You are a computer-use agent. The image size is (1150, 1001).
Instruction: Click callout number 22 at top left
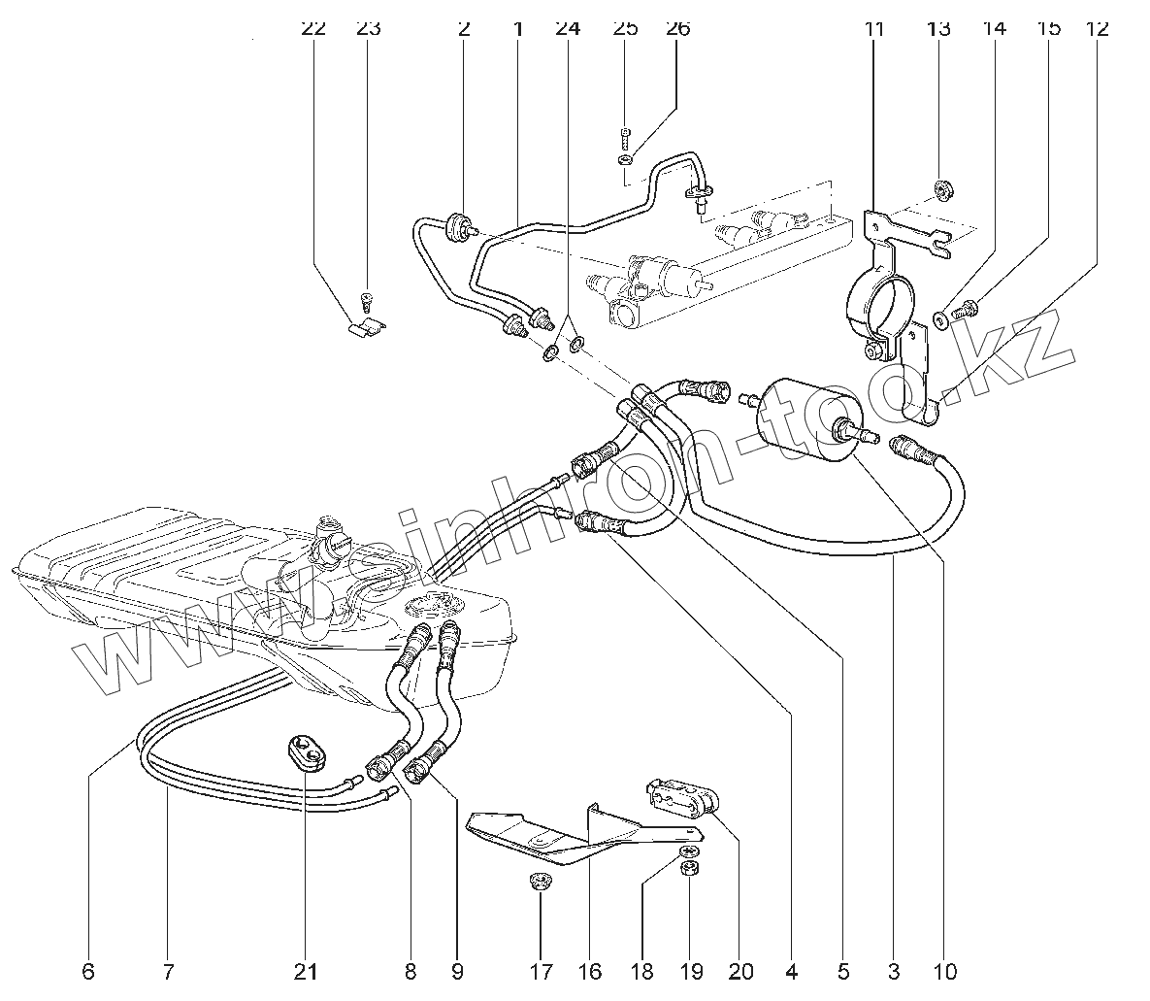[x=312, y=28]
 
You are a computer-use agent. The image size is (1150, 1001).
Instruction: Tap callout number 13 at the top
[x=937, y=28]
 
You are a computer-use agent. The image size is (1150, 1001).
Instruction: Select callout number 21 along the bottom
[x=306, y=971]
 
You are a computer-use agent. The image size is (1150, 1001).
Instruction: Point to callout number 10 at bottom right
[x=943, y=971]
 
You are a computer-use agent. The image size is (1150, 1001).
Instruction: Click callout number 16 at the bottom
[x=589, y=971]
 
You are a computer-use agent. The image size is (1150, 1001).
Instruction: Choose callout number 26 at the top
[x=677, y=28]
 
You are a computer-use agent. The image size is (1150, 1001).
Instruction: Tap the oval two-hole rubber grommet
[x=307, y=752]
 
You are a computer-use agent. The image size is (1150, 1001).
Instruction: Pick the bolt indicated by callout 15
[x=964, y=311]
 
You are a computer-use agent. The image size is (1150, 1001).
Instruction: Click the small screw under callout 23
[x=366, y=297]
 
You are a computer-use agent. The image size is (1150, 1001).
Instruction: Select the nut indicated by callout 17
[x=540, y=884]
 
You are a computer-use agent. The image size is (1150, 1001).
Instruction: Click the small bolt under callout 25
[x=625, y=134]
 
